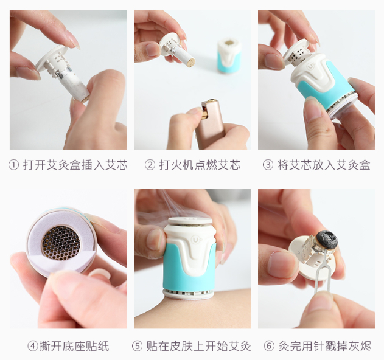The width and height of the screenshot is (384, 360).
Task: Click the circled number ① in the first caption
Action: click(13, 165)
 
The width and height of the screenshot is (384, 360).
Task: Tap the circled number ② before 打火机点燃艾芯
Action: click(150, 165)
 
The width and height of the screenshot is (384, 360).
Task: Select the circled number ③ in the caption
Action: click(268, 165)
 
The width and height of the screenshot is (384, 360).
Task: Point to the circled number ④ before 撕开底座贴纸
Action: click(33, 346)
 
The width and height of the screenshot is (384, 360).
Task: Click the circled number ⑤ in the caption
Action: click(137, 346)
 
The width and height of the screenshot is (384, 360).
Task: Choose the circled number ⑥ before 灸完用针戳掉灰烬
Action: click(269, 346)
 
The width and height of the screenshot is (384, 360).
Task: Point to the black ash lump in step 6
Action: click(327, 238)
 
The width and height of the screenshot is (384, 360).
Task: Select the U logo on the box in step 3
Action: click(311, 66)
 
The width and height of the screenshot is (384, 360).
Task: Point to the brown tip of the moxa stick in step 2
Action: click(190, 61)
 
